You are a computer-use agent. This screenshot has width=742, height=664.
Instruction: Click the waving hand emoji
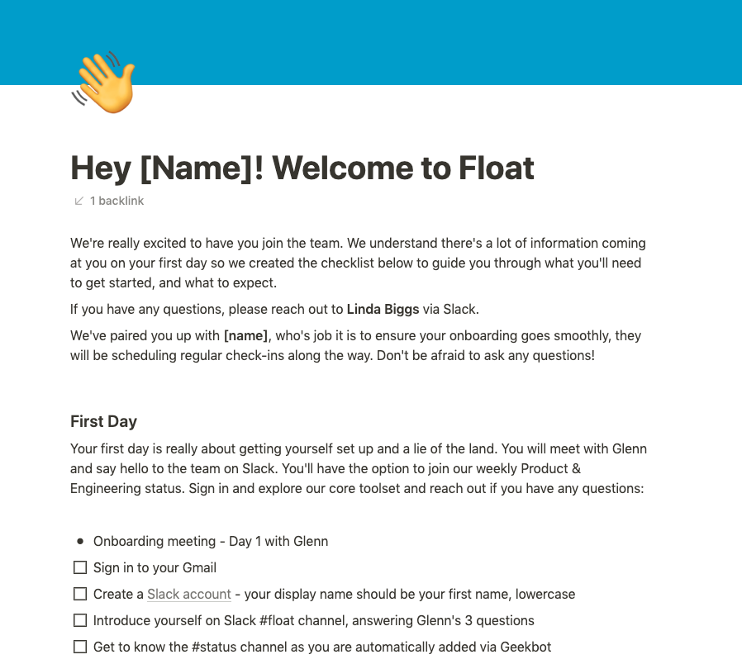click(x=104, y=83)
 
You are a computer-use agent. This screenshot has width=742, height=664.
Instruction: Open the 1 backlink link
click(x=117, y=201)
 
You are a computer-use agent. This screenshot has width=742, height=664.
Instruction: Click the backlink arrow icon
click(x=79, y=201)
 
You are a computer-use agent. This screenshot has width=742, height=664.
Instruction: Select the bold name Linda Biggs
click(x=383, y=310)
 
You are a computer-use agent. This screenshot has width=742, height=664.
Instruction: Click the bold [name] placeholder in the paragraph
click(x=245, y=336)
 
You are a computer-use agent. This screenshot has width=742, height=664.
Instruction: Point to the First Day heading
click(x=103, y=421)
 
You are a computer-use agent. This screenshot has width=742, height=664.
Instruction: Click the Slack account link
click(x=188, y=594)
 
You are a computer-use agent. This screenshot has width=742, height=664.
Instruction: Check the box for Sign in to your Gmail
click(x=80, y=567)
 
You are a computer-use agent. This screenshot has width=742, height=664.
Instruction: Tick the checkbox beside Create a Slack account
click(x=80, y=594)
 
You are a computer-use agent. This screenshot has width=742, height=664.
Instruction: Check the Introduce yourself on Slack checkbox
click(x=80, y=620)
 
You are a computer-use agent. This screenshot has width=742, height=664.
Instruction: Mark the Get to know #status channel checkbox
click(x=80, y=647)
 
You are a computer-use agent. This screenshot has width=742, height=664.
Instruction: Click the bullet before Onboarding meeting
click(x=80, y=541)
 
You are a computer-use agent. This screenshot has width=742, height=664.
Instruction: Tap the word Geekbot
click(x=526, y=647)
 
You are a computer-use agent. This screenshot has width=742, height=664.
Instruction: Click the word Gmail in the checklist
click(x=197, y=567)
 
